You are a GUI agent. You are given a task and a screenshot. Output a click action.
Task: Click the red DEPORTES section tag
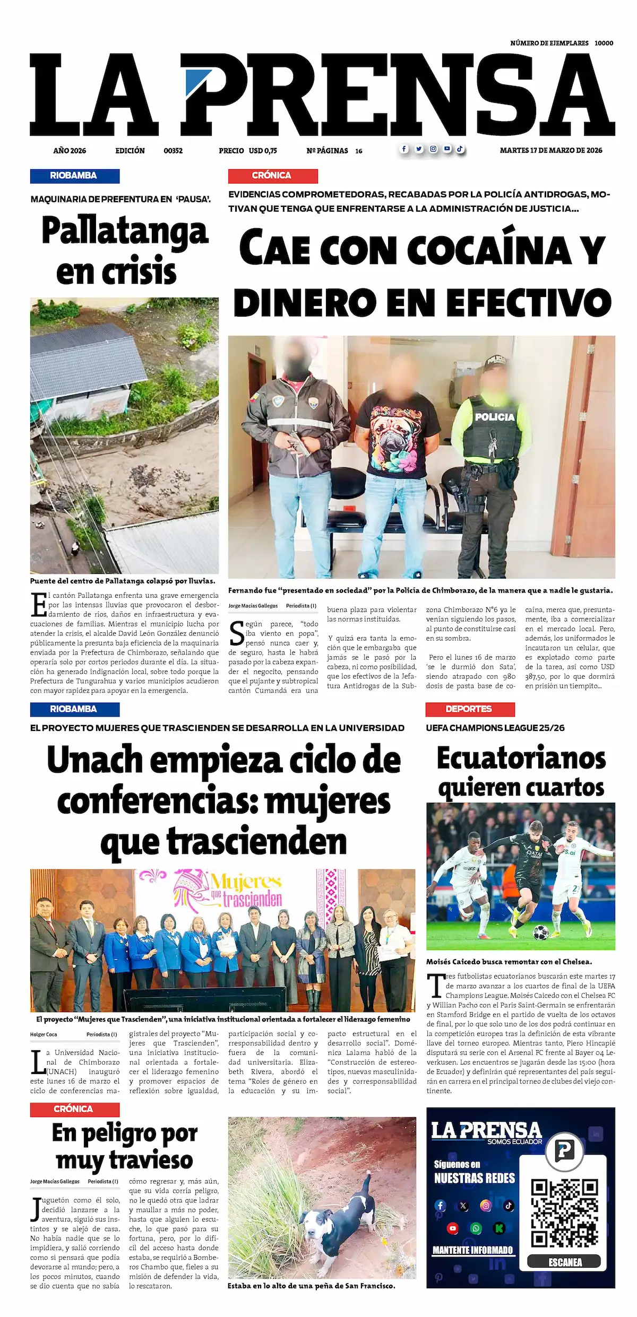click(469, 709)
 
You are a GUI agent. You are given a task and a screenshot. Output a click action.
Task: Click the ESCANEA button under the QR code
click(564, 1263)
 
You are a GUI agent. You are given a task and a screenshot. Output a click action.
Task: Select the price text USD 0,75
click(263, 151)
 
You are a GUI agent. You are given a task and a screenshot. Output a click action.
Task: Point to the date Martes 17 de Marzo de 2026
click(551, 150)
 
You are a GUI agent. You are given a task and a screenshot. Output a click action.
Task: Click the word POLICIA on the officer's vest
click(495, 417)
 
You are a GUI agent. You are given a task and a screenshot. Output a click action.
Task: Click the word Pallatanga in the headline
click(125, 231)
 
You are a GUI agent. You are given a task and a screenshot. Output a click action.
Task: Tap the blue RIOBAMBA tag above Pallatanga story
click(74, 176)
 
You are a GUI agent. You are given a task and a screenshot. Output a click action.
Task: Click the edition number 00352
click(173, 151)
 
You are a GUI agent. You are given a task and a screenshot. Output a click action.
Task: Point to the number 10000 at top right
click(604, 43)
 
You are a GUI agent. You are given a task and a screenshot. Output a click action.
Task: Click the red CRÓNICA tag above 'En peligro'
click(74, 1109)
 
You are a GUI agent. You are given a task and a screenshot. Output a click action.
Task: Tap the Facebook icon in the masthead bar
click(404, 149)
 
